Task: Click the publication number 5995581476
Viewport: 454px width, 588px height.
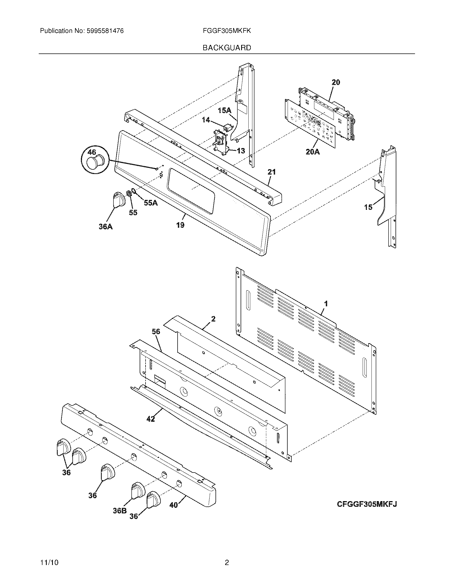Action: (105, 31)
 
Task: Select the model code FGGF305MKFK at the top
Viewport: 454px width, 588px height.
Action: (227, 31)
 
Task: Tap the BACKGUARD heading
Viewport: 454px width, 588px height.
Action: (227, 48)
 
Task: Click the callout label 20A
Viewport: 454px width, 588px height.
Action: (313, 152)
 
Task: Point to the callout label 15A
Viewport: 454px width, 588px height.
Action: (224, 110)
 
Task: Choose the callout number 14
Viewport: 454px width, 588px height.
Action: (206, 120)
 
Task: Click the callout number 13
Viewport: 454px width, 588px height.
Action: (241, 151)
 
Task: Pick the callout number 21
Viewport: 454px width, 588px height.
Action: (271, 172)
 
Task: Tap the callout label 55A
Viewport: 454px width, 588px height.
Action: (151, 203)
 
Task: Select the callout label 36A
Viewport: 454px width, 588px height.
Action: (105, 227)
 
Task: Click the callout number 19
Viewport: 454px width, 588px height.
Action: (180, 225)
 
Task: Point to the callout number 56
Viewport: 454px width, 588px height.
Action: (156, 331)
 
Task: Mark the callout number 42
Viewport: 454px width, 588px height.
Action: (151, 419)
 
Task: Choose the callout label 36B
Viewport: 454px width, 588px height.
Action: (120, 510)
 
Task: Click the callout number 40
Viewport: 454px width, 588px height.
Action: (174, 505)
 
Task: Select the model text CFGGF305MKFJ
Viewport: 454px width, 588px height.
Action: (367, 504)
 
